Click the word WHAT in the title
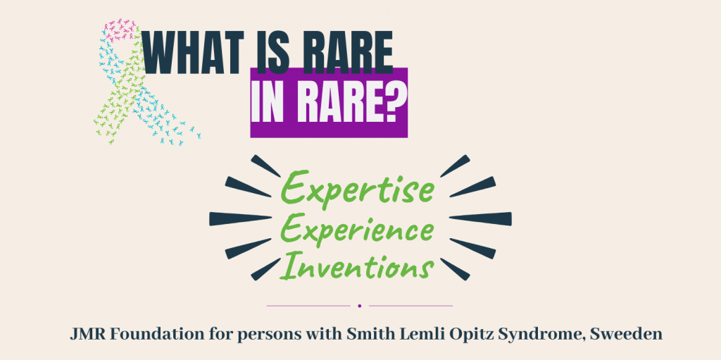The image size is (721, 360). click(x=192, y=52)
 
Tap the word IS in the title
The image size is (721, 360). click(x=274, y=52)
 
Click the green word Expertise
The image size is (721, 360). click(x=357, y=188)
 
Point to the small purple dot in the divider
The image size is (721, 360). click(x=360, y=306)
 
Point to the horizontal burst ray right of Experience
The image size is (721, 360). click(x=480, y=218)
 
